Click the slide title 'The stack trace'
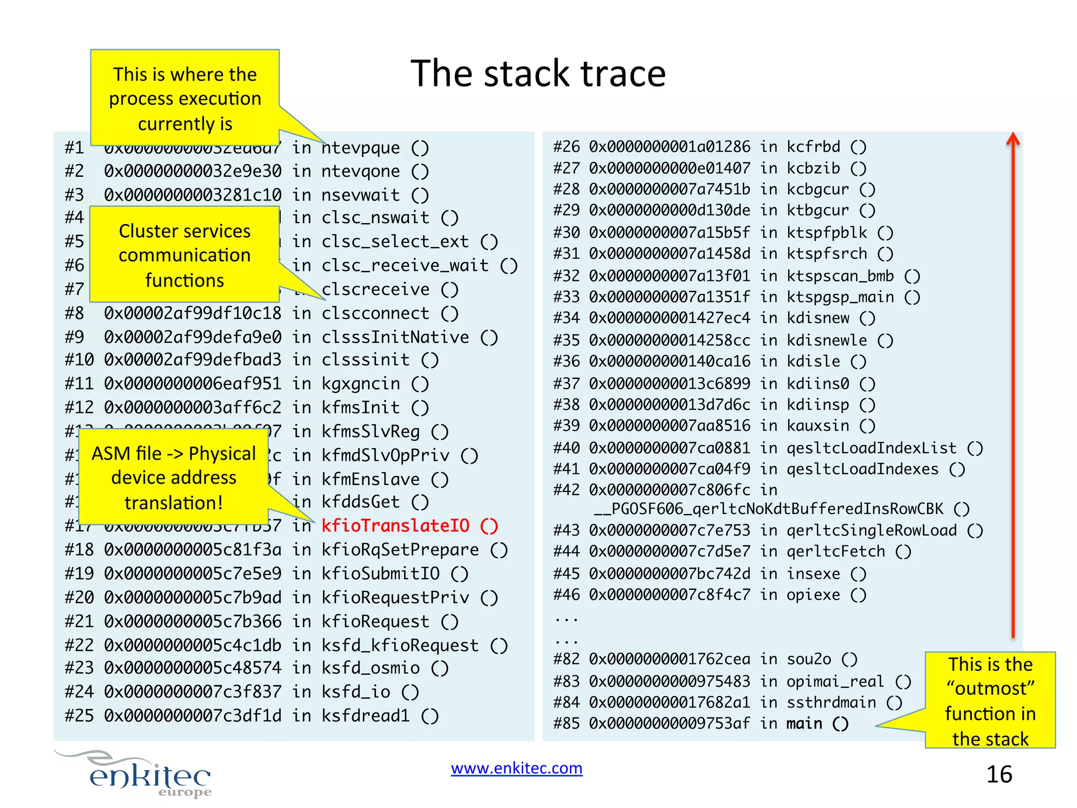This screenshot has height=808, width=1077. pos(538,73)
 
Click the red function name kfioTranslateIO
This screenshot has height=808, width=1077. pos(395,526)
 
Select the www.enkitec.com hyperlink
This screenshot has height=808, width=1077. pos(516,769)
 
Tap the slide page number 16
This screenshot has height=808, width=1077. pos(999,774)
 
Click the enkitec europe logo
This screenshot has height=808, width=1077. pos(147,775)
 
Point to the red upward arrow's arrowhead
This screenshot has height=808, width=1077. pos(1013,139)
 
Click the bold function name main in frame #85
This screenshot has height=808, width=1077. pos(804,724)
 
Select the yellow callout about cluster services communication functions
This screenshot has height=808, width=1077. pos(185,255)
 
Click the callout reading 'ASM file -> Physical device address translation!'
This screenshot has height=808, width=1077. pos(174,478)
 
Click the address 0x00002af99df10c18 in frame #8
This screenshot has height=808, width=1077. pos(192,314)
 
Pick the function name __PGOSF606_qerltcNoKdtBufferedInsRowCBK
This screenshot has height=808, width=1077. pos(768,509)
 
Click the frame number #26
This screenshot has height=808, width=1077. pos(566,147)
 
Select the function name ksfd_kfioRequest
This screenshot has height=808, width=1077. pos(400,645)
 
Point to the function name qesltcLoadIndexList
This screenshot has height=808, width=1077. pos(871,448)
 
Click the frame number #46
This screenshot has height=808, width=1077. pos(566,595)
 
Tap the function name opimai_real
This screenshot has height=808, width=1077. pos(835,681)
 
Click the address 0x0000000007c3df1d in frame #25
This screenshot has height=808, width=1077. pos(192,716)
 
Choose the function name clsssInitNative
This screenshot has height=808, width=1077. pos(395,337)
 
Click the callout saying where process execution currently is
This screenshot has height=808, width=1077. pos(185,98)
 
